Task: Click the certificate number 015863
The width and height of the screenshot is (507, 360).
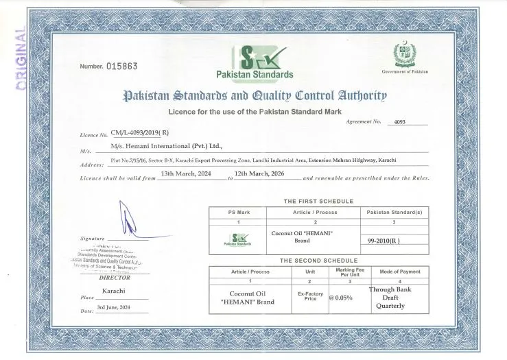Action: tap(122, 67)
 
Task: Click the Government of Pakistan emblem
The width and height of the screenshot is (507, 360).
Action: tap(404, 55)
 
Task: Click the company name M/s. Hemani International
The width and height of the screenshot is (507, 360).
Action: tap(166, 147)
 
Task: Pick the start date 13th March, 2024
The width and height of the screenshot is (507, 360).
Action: tap(189, 174)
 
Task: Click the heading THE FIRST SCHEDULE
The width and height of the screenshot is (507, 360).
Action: tap(318, 201)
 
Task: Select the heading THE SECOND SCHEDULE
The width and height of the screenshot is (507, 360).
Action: tap(318, 261)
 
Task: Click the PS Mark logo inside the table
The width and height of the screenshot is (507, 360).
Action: tap(238, 239)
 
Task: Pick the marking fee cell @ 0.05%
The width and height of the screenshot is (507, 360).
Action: tap(344, 298)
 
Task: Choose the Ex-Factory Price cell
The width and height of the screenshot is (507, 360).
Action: tap(310, 297)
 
